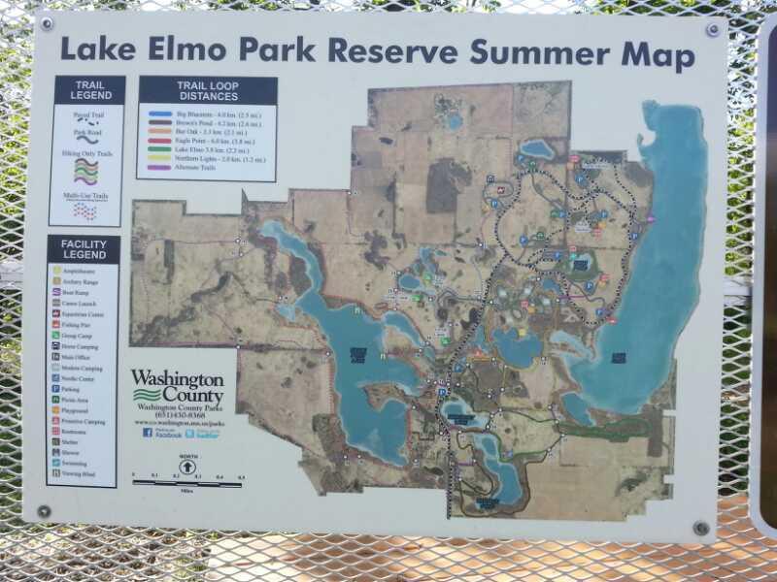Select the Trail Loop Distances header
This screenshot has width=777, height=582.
click(x=207, y=90)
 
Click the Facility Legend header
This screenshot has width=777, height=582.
click(x=84, y=249)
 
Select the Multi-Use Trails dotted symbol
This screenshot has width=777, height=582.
click(x=86, y=210)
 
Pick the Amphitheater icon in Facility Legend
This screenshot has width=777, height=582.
click(x=57, y=272)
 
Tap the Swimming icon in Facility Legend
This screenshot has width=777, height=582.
click(x=57, y=464)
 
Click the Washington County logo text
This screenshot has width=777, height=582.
click(x=178, y=386)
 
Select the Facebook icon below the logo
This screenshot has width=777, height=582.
click(x=148, y=433)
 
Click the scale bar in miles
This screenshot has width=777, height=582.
click(x=186, y=482)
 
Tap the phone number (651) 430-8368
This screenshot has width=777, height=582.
click(x=177, y=416)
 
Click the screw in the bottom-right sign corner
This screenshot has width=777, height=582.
click(x=700, y=528)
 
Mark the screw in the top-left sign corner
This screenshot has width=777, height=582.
click(x=46, y=23)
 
